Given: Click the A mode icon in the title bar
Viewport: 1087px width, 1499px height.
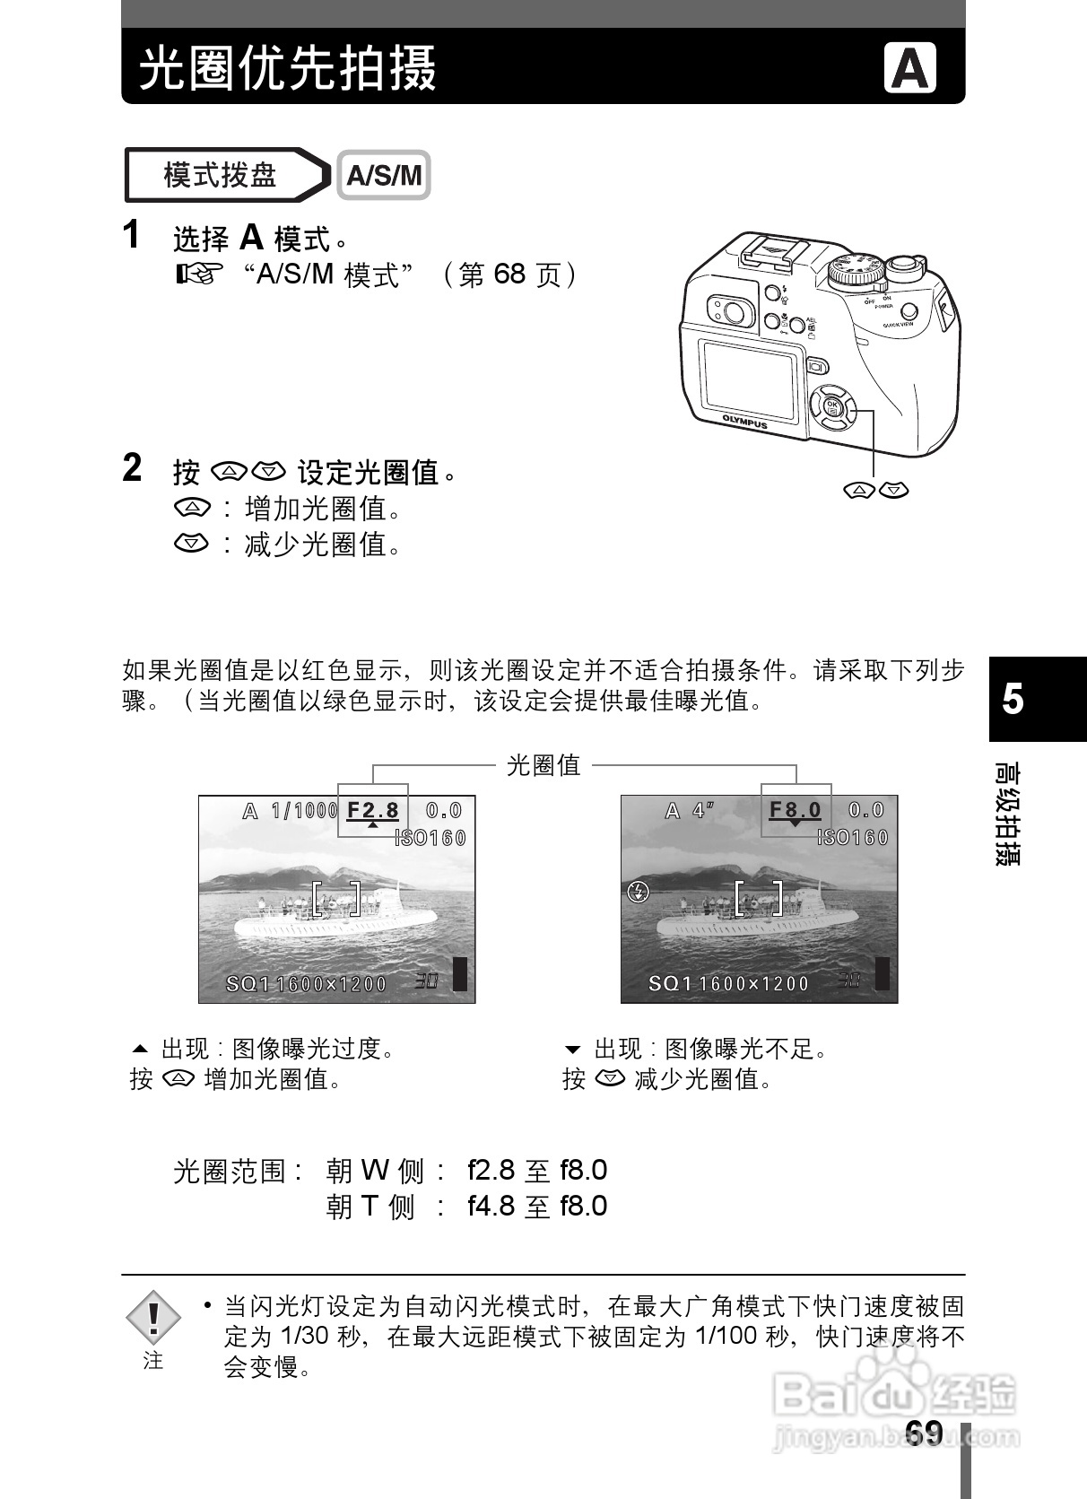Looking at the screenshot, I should (909, 68).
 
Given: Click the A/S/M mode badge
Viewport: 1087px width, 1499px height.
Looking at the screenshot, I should (384, 175).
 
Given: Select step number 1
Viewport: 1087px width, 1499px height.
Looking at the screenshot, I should (132, 235).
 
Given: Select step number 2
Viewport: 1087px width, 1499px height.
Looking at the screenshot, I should (132, 467).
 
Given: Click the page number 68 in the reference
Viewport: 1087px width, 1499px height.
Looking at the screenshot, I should (509, 274).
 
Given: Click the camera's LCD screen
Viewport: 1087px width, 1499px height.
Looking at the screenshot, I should (750, 380).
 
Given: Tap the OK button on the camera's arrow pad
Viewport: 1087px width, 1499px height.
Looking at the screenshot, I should (831, 405).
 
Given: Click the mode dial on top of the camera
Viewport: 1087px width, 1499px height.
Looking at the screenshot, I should (853, 269).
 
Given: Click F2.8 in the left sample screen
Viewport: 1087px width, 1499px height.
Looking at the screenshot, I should (372, 810).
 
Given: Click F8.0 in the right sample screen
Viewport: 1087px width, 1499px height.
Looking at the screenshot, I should (795, 810).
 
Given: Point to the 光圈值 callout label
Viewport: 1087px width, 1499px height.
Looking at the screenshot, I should (543, 765).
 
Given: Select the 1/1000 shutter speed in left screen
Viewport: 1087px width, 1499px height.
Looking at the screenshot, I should (304, 811).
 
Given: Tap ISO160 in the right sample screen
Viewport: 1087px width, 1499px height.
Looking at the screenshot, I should (853, 838).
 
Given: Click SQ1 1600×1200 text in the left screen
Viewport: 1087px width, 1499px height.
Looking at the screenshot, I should (305, 984).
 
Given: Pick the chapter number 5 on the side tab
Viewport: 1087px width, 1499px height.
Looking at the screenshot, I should (1013, 699).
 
